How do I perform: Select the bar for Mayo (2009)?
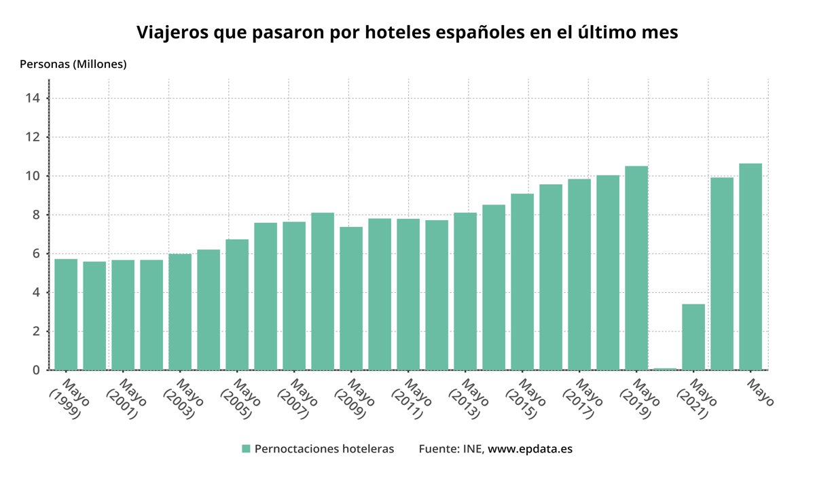coord(351,298)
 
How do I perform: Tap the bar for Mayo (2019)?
coord(636,268)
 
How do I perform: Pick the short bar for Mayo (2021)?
coord(693,336)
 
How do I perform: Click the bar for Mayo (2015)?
coord(522,281)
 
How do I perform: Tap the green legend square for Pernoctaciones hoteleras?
coord(246,449)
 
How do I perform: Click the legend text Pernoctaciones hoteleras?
coord(324,449)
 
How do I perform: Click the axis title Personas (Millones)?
coord(73,65)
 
